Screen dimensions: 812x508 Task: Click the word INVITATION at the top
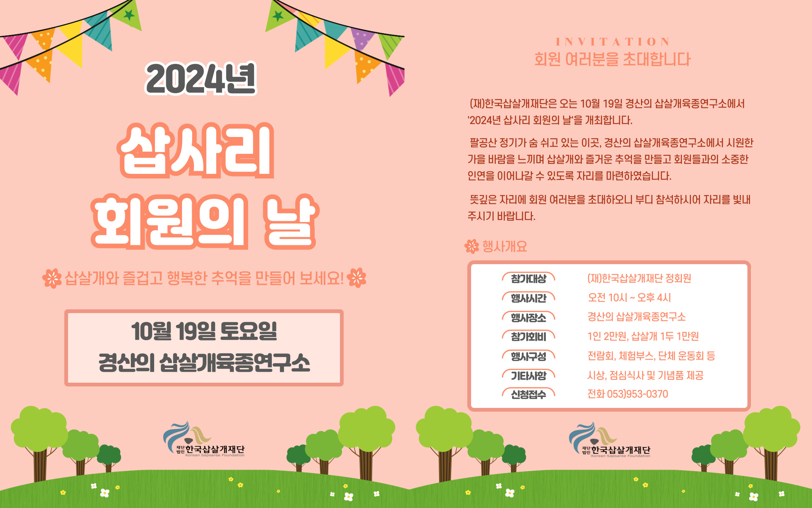613,41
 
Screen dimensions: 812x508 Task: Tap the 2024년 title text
201,79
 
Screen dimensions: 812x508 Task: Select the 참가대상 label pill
529,279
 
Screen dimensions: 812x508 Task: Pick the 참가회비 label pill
529,337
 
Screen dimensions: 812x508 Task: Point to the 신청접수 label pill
529,394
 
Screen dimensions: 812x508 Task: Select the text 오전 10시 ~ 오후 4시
629,298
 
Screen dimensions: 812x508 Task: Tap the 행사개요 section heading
504,246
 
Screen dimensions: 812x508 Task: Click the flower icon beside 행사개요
472,246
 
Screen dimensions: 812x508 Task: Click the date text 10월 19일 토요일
204,332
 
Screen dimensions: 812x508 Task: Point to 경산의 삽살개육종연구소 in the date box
204,363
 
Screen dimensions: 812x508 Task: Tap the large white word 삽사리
195,151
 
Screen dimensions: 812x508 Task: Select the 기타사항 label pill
529,376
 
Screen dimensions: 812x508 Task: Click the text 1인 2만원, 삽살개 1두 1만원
643,336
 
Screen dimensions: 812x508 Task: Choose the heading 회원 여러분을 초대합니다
612,59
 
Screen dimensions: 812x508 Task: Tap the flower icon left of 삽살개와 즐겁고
52,278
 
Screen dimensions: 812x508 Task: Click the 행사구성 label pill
529,356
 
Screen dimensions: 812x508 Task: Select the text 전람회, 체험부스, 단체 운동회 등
651,356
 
